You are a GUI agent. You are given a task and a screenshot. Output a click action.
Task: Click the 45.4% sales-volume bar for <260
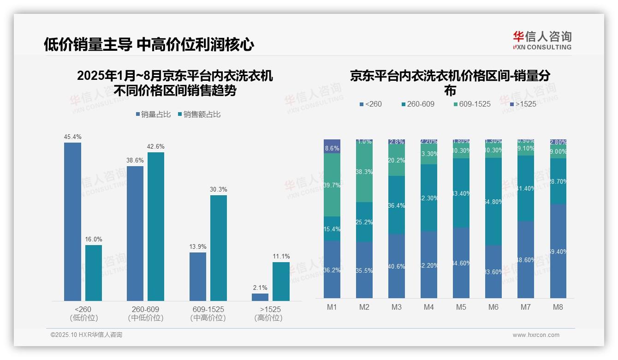72,222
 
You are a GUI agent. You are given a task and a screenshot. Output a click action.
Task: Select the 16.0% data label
94,240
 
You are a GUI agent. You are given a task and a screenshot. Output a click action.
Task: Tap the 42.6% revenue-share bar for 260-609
156,226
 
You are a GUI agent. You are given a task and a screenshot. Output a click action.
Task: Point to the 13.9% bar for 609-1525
198,276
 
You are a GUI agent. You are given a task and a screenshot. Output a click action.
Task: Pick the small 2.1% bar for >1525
260,297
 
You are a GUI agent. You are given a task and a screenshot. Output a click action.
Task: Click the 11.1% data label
281,257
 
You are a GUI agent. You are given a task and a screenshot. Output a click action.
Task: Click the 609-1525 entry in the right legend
472,104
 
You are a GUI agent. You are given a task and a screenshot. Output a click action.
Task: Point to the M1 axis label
332,307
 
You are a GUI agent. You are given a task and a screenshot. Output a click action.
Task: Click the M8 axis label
558,307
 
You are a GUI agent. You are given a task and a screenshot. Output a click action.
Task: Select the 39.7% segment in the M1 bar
332,185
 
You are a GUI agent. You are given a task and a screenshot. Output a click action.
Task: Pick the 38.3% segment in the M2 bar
364,171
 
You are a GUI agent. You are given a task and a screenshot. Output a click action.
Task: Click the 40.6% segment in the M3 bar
397,266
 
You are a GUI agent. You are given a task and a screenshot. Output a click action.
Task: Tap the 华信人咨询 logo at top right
542,40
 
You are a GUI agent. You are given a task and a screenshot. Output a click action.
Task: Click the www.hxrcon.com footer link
536,335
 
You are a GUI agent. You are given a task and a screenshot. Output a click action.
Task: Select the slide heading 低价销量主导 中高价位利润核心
149,44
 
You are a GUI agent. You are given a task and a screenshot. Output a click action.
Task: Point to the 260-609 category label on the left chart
145,313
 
